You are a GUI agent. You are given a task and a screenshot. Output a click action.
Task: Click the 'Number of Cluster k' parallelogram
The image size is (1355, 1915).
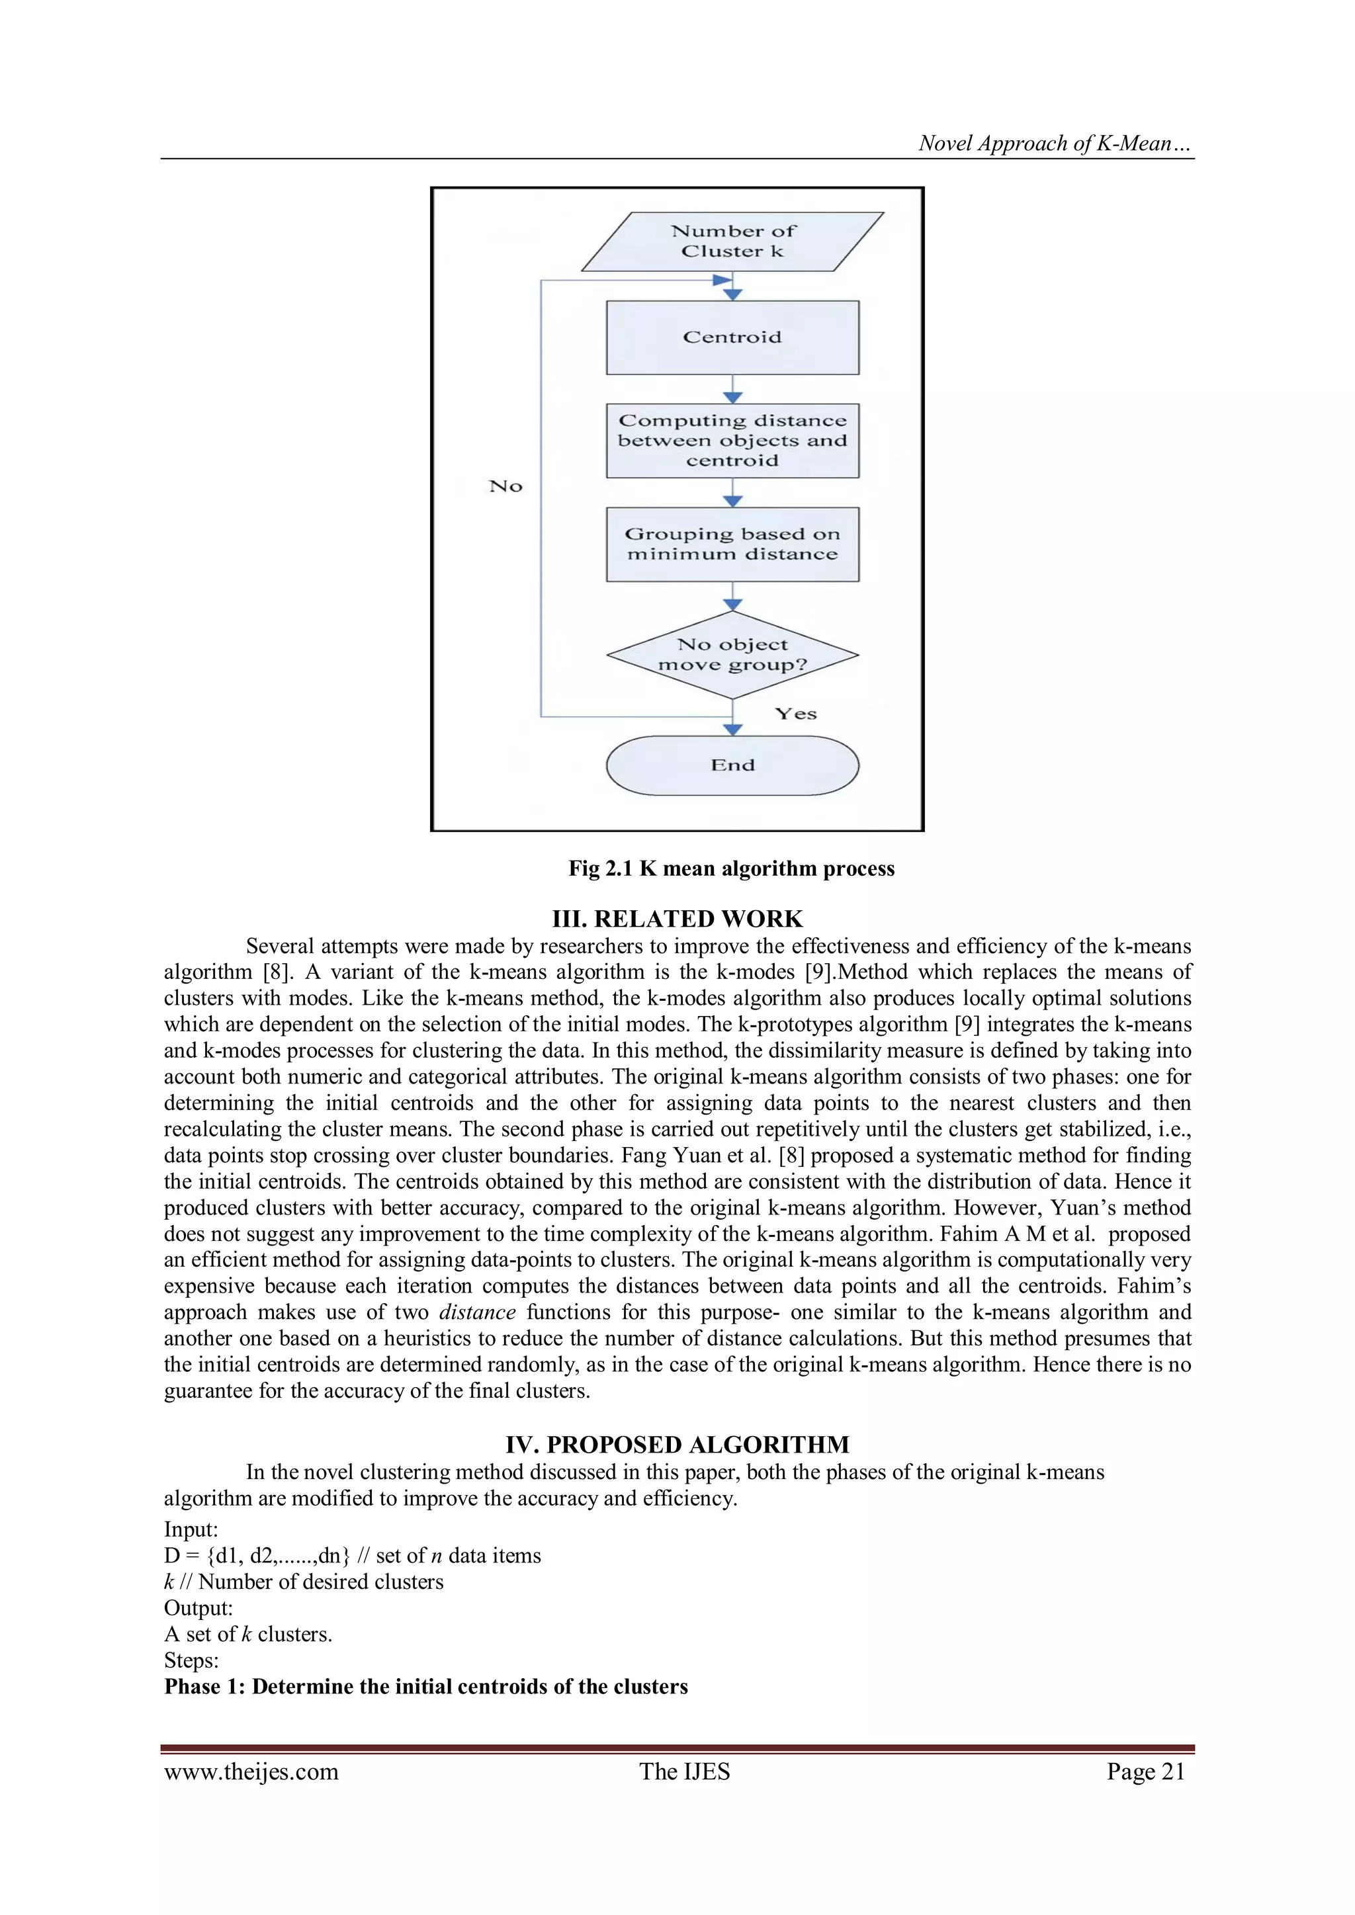[732, 241]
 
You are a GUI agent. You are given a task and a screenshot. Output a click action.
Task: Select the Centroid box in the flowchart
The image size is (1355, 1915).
[732, 337]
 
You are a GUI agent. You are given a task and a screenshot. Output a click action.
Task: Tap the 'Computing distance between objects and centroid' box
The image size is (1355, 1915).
[732, 441]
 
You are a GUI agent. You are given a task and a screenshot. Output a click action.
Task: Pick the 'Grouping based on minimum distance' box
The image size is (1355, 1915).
[732, 544]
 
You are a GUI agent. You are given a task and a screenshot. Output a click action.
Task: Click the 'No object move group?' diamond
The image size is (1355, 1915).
[732, 655]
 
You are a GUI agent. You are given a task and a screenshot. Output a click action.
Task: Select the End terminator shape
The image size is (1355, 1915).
[732, 765]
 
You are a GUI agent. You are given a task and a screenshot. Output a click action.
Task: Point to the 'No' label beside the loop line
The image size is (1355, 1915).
[505, 486]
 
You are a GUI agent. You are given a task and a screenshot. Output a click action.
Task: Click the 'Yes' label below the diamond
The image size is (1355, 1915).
[795, 714]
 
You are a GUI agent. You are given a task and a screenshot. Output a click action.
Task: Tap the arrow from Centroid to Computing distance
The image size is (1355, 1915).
[732, 390]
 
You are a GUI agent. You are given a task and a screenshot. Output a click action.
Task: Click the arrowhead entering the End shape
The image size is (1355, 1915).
[732, 730]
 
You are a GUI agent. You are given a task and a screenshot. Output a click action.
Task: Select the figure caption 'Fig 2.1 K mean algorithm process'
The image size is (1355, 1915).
[731, 869]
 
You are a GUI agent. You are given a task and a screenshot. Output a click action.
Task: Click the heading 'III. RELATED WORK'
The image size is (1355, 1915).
[677, 918]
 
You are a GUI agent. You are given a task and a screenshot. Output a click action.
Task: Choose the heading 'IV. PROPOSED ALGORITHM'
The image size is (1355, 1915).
[677, 1445]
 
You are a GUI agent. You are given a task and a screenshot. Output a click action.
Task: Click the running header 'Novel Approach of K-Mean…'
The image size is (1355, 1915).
[1055, 144]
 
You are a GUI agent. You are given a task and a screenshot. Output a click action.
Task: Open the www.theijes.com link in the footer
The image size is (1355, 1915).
[251, 1771]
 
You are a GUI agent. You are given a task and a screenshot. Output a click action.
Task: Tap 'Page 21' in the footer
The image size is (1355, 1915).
[1145, 1771]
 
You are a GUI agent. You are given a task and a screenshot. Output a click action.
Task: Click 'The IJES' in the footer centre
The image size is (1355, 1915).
[684, 1771]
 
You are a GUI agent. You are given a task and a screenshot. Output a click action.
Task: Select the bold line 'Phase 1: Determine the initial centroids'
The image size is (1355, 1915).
[425, 1687]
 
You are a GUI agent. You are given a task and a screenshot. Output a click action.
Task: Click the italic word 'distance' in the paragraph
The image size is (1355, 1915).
[477, 1312]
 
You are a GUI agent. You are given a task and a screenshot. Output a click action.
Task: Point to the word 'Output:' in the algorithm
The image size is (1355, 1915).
[198, 1607]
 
